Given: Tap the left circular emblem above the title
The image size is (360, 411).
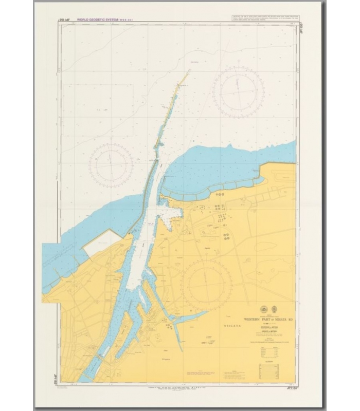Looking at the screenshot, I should click(264, 309).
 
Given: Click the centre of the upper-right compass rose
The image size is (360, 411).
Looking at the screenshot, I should click(235, 90).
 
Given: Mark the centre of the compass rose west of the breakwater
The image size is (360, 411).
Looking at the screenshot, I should click(111, 165).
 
